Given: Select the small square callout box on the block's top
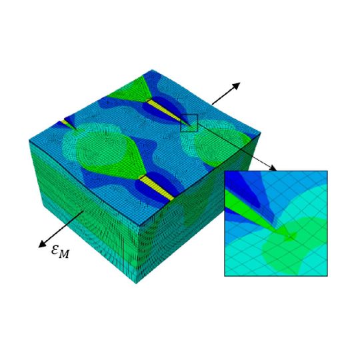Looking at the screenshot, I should click(189, 123).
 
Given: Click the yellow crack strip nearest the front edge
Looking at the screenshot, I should click(158, 189).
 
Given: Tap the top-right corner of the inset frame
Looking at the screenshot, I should click(327, 171).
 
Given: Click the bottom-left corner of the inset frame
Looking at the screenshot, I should click(225, 275).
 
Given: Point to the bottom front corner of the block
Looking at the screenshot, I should click(137, 283).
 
